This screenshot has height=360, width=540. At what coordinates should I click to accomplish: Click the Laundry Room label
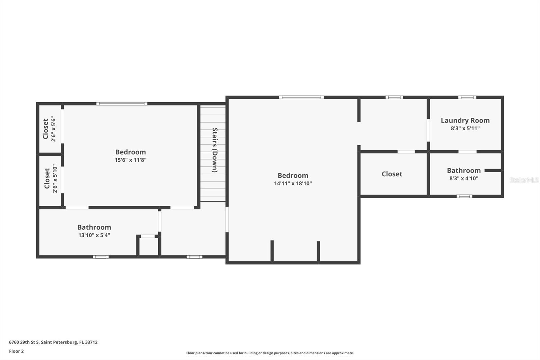(465, 121)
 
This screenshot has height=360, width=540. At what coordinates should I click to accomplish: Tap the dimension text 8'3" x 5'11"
(465, 128)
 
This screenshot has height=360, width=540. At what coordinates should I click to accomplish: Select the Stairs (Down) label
(215, 150)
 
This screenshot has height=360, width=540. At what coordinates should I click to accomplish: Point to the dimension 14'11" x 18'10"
(293, 183)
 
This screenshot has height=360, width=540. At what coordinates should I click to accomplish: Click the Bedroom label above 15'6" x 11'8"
(131, 152)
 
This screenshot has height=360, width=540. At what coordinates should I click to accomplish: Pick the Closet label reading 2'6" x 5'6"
(45, 129)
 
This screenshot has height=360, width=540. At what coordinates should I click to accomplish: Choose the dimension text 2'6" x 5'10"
(55, 179)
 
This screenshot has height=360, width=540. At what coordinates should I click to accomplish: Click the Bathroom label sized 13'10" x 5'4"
(94, 227)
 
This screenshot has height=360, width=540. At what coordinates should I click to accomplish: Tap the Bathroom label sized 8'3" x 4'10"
(464, 171)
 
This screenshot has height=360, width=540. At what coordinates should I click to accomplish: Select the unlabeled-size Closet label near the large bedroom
(392, 174)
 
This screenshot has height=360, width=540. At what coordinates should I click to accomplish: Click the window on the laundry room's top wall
(467, 97)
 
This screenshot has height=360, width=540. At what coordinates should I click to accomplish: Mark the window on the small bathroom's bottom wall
(464, 196)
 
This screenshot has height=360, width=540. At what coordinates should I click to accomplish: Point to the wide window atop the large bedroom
(301, 97)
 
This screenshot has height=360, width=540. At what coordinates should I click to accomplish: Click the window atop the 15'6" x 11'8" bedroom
(122, 104)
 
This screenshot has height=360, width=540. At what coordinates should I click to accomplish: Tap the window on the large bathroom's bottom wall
(101, 257)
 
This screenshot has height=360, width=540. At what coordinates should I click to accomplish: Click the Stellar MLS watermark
(524, 180)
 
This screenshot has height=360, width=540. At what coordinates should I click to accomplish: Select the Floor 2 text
(16, 351)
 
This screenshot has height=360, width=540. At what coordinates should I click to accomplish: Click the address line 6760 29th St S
(53, 342)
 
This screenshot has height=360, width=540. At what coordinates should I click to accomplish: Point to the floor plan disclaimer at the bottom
(270, 353)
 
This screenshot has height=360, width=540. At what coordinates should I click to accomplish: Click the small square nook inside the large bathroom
(148, 247)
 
